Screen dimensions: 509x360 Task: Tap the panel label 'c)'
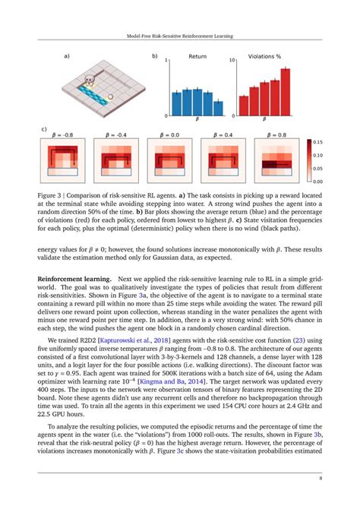tap(43, 130)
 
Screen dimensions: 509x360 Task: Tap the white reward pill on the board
tap(111, 96)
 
